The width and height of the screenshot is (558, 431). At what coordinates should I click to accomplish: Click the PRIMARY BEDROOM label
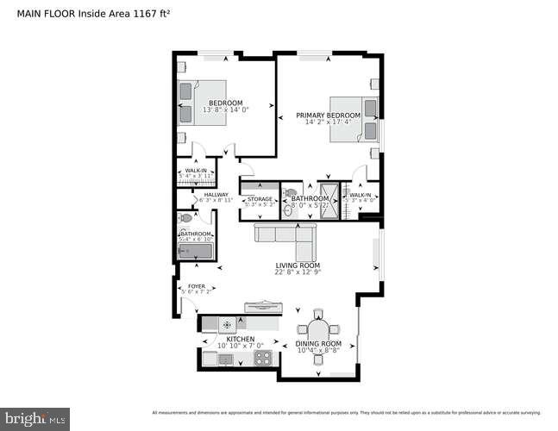(327, 115)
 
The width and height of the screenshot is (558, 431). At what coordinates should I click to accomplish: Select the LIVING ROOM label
(298, 265)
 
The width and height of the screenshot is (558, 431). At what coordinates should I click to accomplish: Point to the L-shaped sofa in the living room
(285, 234)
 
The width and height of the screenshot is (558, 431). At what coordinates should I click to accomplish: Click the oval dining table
(318, 332)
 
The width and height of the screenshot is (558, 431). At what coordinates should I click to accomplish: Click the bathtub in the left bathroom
(194, 251)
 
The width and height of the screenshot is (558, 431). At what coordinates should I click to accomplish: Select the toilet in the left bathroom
(185, 219)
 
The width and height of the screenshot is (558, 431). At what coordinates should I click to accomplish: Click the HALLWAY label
(216, 194)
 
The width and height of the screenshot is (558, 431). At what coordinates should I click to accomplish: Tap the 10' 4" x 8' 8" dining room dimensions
(318, 350)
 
